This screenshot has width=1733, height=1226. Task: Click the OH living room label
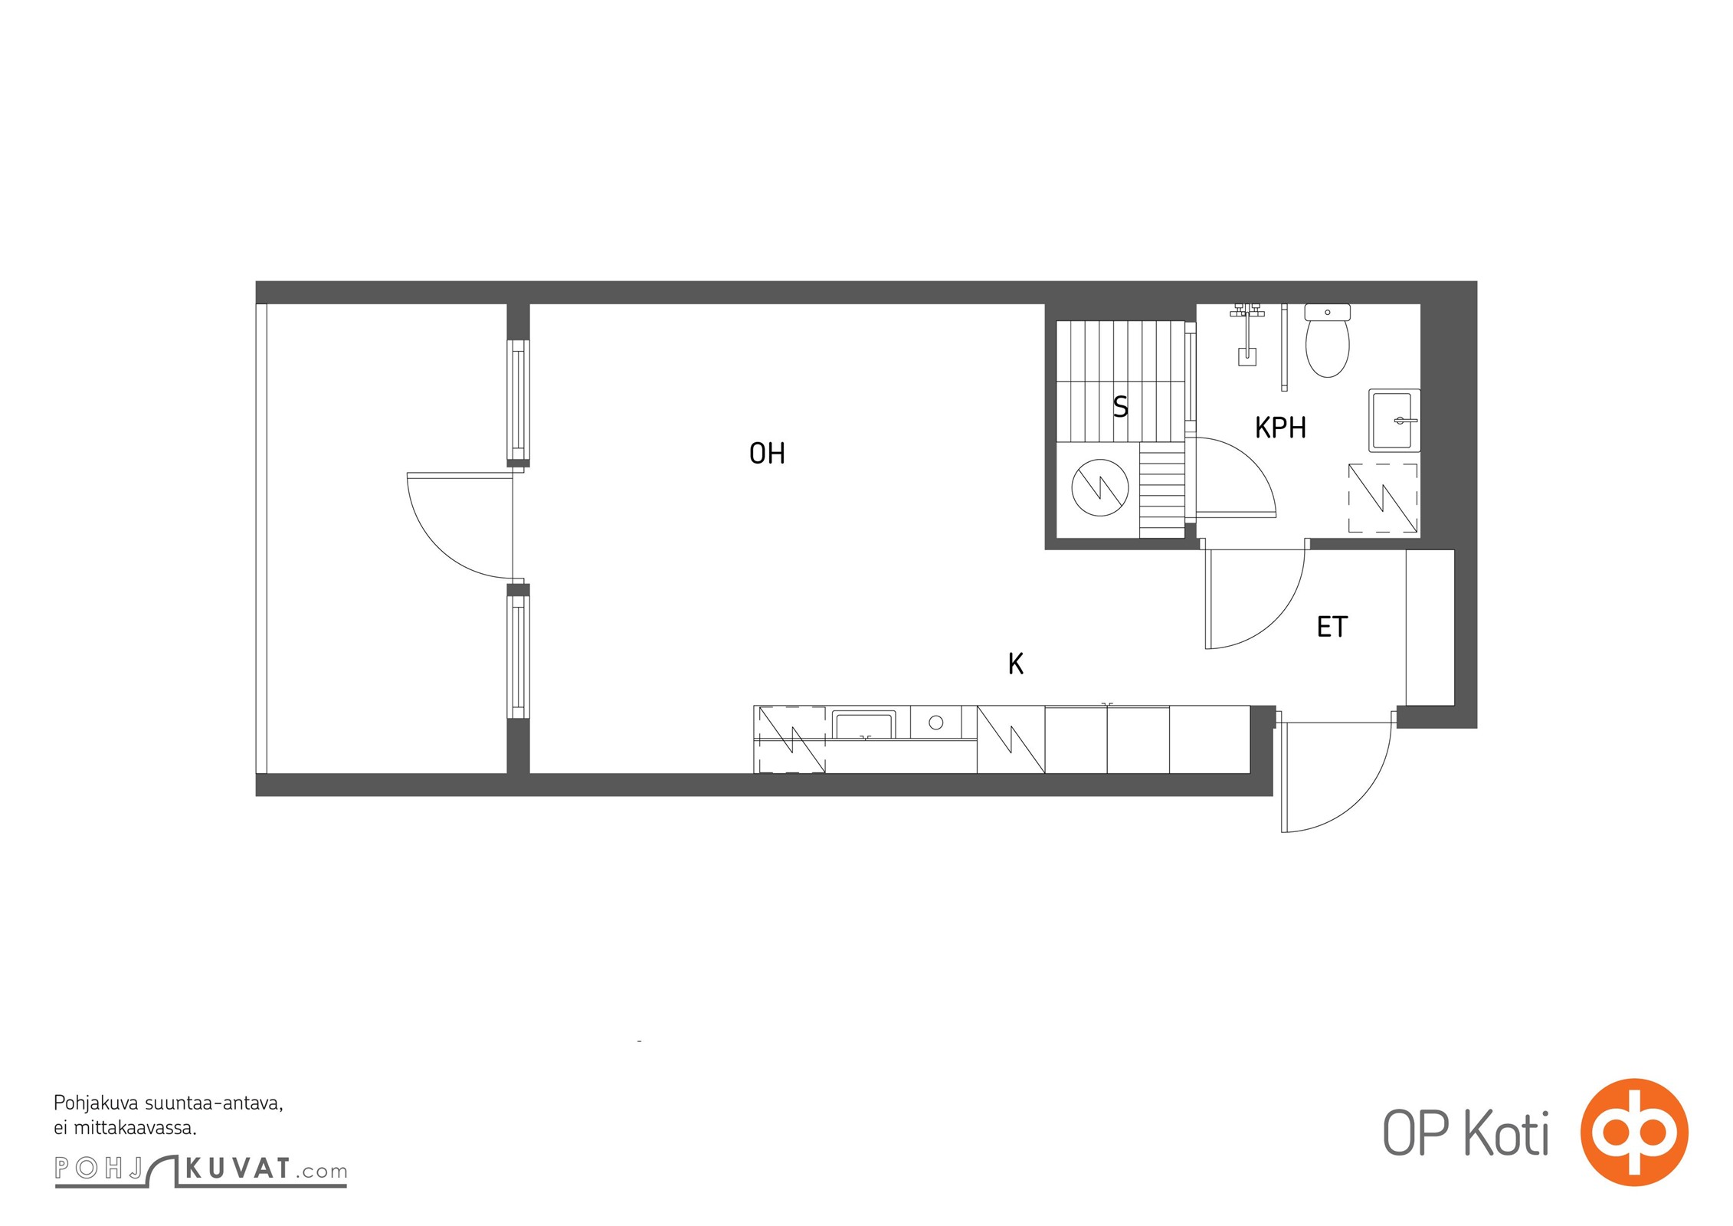click(767, 454)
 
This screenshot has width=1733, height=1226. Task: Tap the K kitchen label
click(1016, 664)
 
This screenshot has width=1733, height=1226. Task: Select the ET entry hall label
click(1332, 627)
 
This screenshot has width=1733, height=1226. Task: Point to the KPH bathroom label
click(1280, 428)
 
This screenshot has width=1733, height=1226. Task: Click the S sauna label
click(1120, 406)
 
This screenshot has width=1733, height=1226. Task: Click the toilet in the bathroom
click(1327, 341)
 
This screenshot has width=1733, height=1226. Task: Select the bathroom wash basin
click(1394, 421)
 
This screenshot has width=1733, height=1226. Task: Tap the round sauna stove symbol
click(1100, 487)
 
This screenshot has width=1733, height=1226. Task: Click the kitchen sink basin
click(863, 726)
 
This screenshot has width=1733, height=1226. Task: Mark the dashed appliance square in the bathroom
click(1383, 498)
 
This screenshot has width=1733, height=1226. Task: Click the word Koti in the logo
click(1506, 1133)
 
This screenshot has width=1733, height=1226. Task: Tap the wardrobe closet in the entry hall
click(1430, 628)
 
